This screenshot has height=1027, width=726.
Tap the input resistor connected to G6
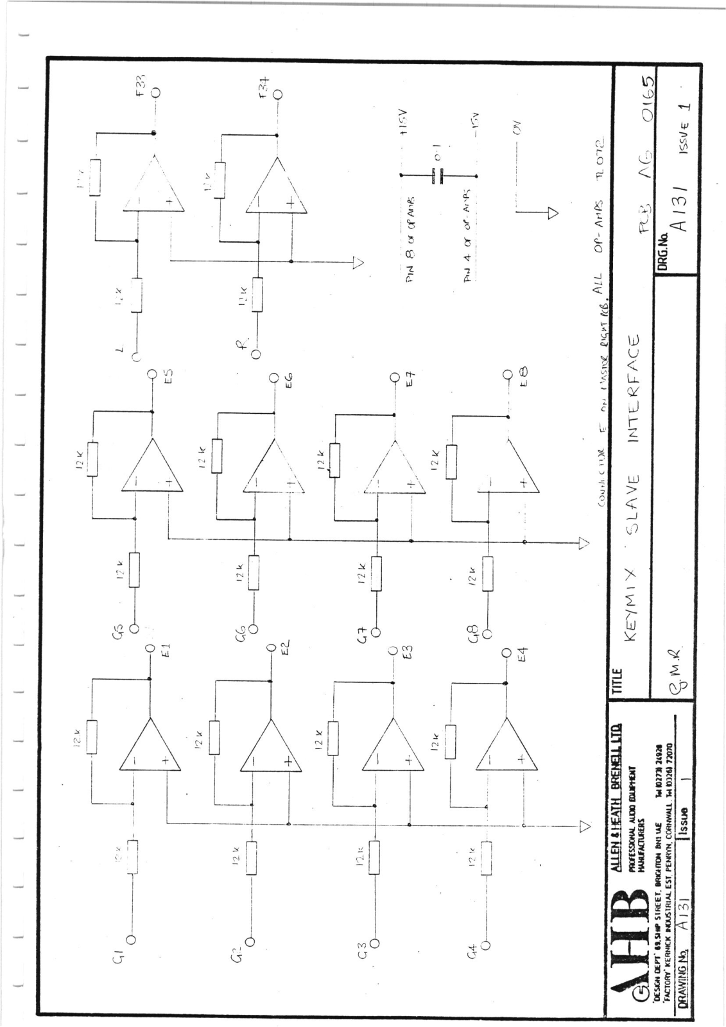tap(255, 572)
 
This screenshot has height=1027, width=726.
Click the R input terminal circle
tap(256, 354)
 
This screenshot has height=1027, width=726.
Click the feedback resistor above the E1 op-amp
tap(92, 737)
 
